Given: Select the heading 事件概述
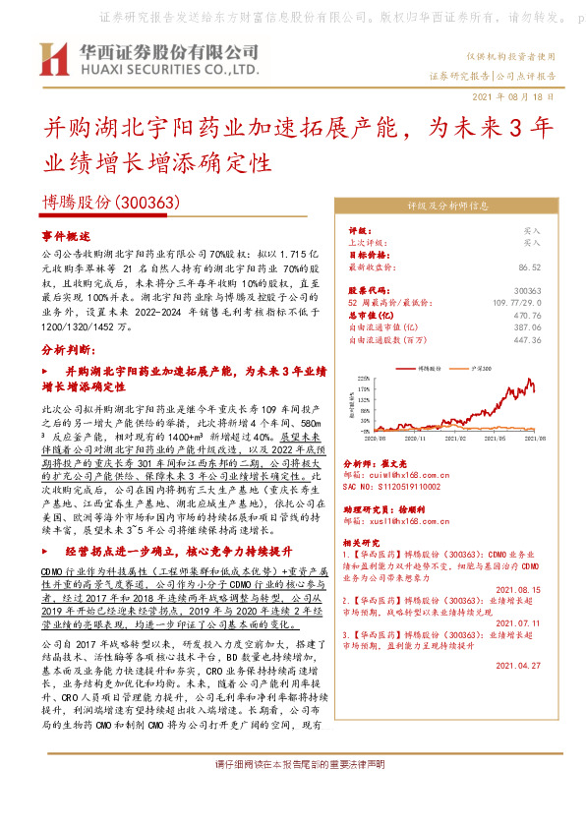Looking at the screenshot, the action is [65, 237].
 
